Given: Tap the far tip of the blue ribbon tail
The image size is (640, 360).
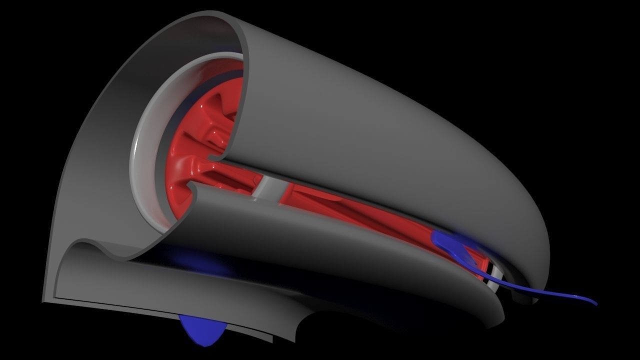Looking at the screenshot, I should tap(595, 302).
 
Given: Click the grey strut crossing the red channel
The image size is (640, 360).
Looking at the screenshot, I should tap(269, 189).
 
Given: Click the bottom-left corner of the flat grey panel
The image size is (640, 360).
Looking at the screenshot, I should tap(44, 300).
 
